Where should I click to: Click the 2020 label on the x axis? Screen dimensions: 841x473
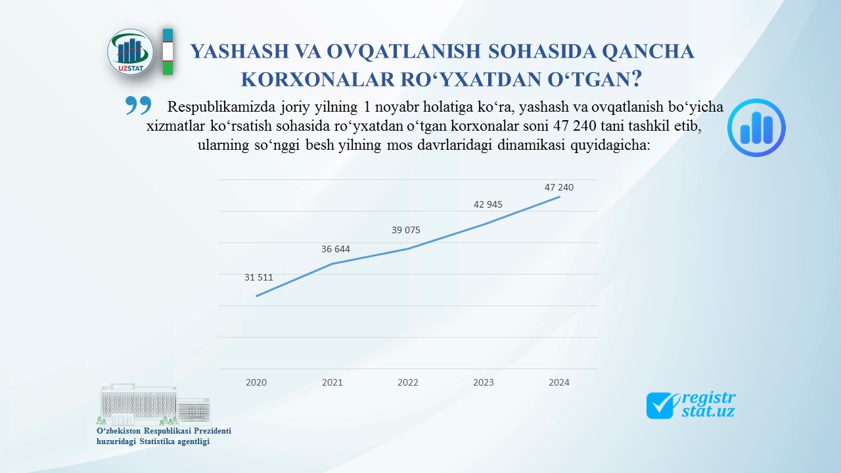(256, 382)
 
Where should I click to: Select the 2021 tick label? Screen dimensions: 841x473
(332, 382)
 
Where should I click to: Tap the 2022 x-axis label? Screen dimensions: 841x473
(408, 382)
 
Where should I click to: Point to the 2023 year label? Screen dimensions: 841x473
(483, 382)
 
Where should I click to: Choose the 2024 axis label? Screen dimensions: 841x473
(559, 382)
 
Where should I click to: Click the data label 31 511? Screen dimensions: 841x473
(259, 277)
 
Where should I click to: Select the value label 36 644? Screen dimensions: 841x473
(336, 249)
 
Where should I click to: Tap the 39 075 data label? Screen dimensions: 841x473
(406, 230)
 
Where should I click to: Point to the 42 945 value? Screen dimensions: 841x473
(488, 204)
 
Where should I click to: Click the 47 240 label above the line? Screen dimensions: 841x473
(559, 187)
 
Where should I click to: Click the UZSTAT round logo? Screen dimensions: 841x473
(130, 52)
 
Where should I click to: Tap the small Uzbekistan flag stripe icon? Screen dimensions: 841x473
(168, 52)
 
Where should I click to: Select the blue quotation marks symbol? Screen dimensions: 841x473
(138, 105)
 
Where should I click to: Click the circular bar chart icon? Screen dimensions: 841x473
(756, 127)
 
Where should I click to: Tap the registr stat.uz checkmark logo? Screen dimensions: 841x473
(691, 405)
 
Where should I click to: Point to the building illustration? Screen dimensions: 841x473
(154, 404)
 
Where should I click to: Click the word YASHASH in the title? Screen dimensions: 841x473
(240, 51)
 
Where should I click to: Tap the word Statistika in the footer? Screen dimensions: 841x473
(156, 441)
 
